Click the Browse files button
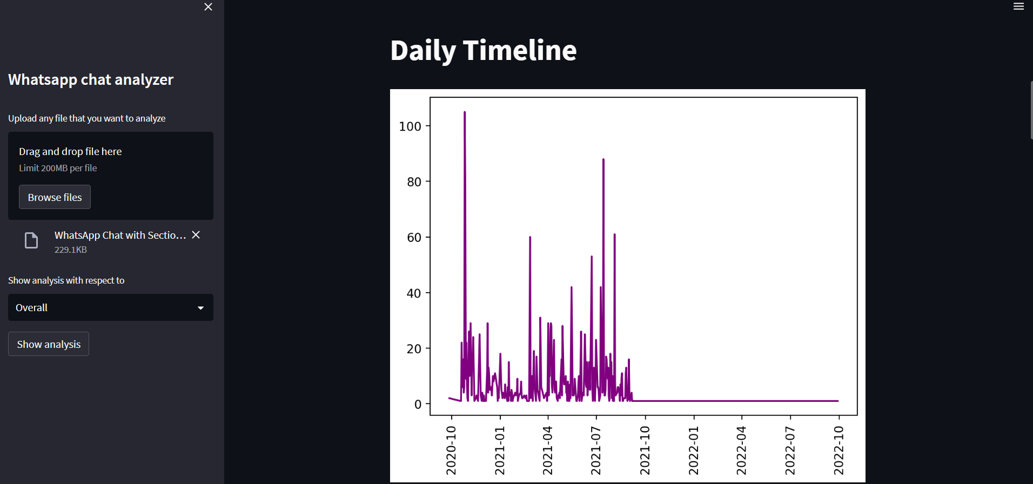[55, 197]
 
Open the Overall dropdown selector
[110, 307]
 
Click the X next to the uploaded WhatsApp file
[196, 235]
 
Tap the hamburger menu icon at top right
[1018, 6]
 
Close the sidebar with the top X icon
[208, 7]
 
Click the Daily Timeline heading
[483, 50]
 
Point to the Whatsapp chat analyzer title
[91, 79]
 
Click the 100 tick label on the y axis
[410, 126]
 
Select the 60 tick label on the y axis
[414, 238]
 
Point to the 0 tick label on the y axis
[418, 405]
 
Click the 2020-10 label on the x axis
[451, 450]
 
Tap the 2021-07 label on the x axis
[595, 450]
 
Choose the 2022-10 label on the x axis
[838, 450]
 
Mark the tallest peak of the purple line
[465, 112]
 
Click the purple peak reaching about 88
[603, 160]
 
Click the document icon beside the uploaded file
[31, 240]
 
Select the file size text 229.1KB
[71, 250]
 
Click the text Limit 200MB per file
[58, 168]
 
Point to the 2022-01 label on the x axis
[693, 450]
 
